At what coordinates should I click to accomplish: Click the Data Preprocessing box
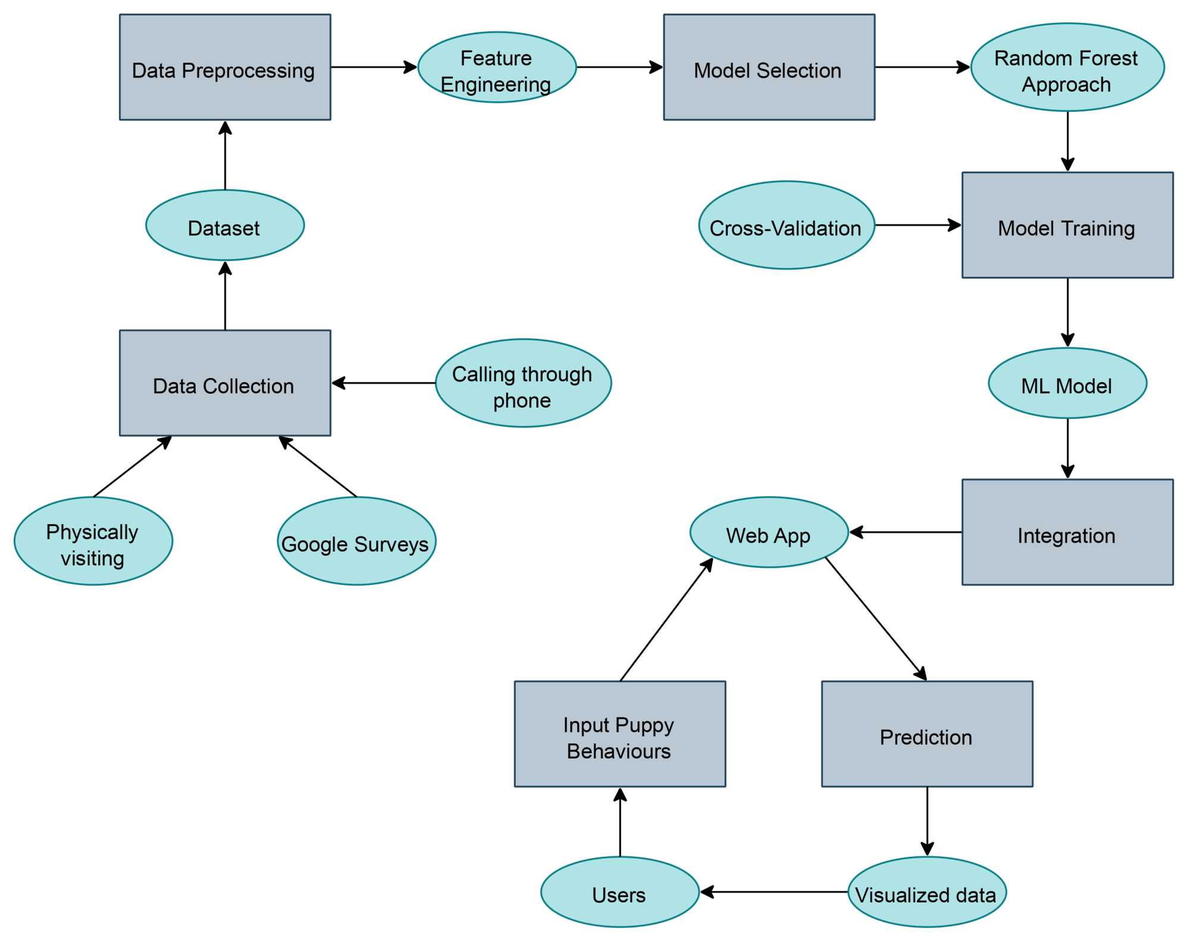pos(225,67)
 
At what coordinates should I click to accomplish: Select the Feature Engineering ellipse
pos(497,67)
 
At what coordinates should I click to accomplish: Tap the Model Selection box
pos(769,67)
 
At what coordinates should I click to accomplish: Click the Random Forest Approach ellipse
pos(1067,67)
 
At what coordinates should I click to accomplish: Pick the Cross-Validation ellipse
pos(786,225)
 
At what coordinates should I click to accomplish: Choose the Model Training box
pos(1067,225)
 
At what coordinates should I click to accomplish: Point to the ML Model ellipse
pos(1067,383)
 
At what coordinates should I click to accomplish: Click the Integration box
pos(1067,532)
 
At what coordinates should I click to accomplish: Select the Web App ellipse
pos(769,532)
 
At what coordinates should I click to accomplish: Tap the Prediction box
pos(926,734)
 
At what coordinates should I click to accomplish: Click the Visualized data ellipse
pos(926,892)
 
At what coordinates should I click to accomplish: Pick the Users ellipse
pos(619,892)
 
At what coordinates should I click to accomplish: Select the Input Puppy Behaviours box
pos(619,734)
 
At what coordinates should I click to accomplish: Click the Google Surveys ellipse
pos(356,541)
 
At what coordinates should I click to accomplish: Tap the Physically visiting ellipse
pos(93,541)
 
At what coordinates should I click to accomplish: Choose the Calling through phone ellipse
pos(523,383)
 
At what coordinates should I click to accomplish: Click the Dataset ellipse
pos(225,225)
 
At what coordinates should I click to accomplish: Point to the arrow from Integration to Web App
pos(906,532)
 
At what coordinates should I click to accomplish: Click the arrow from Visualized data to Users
pos(773,892)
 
